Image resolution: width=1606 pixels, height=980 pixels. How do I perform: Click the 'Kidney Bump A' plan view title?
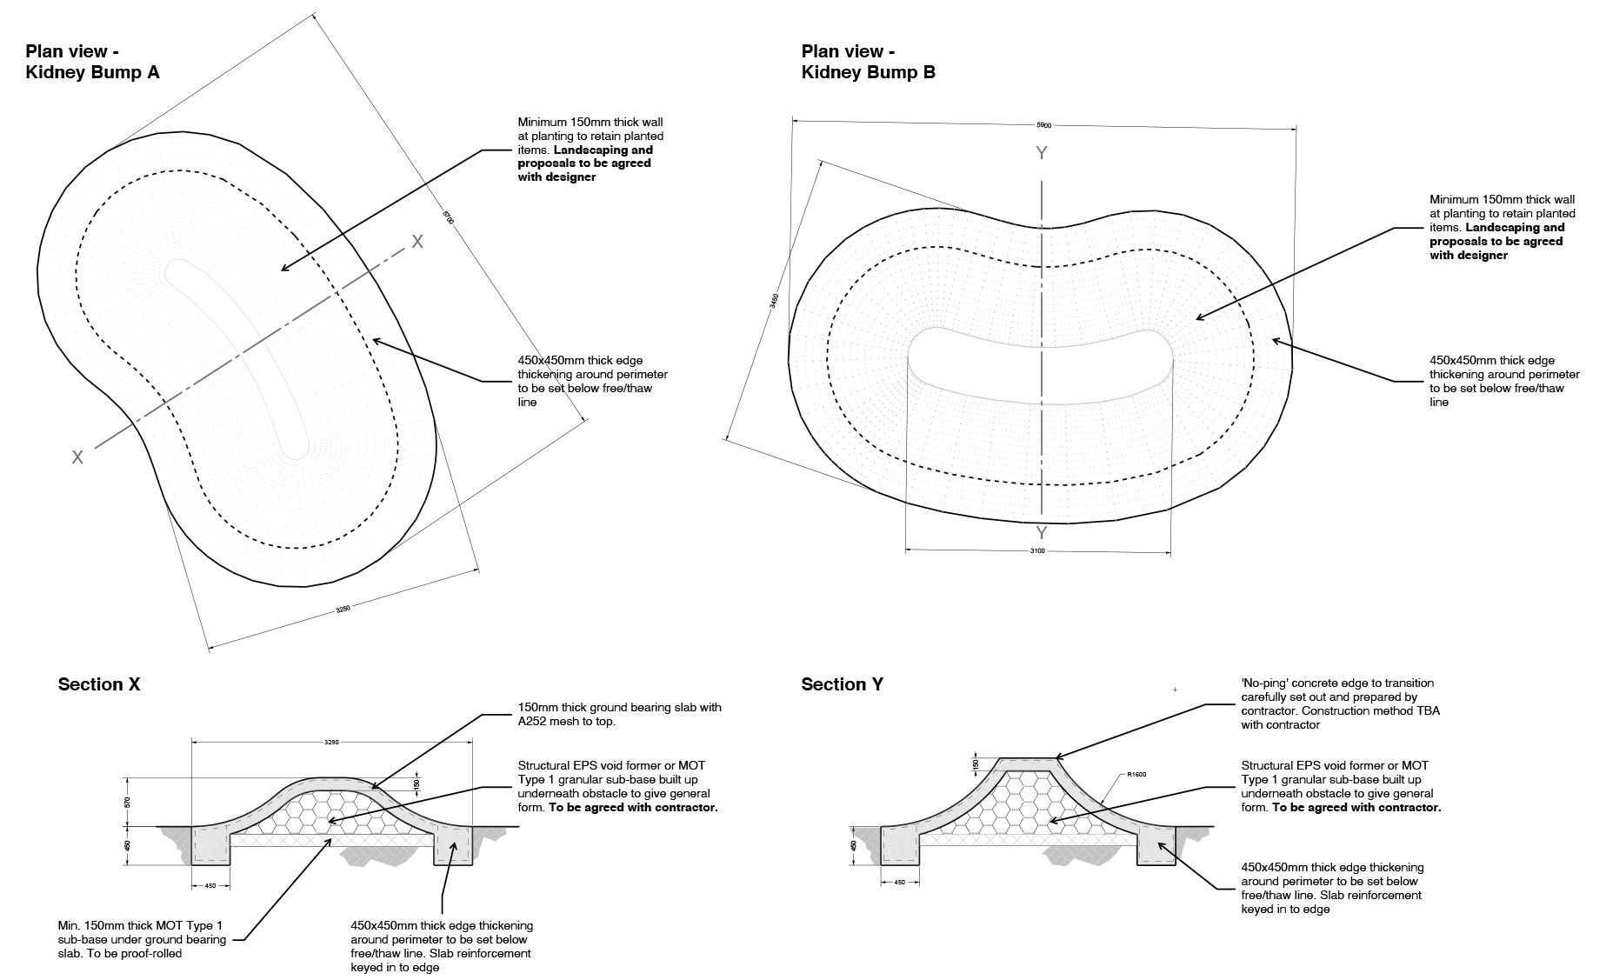point(92,72)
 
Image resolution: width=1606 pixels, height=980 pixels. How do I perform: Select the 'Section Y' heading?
point(842,685)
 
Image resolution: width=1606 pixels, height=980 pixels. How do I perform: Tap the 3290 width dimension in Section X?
point(331,743)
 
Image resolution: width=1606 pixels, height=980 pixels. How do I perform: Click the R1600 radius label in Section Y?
point(1136,774)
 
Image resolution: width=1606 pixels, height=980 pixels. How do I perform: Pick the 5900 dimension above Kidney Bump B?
point(1043,126)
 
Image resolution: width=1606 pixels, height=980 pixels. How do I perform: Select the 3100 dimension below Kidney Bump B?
point(1037,551)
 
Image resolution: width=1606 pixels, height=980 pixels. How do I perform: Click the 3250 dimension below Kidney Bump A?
point(343,610)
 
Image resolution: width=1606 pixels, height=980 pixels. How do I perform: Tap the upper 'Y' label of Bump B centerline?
point(1041,154)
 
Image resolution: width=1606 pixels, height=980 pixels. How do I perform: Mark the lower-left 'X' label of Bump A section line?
point(77,457)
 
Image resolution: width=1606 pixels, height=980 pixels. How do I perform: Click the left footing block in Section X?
point(210,845)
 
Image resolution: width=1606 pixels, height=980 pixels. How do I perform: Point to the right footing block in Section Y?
point(1156,846)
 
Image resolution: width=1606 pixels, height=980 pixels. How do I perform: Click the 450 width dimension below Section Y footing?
point(900,883)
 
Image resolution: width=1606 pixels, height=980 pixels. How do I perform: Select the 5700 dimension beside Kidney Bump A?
point(448,217)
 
